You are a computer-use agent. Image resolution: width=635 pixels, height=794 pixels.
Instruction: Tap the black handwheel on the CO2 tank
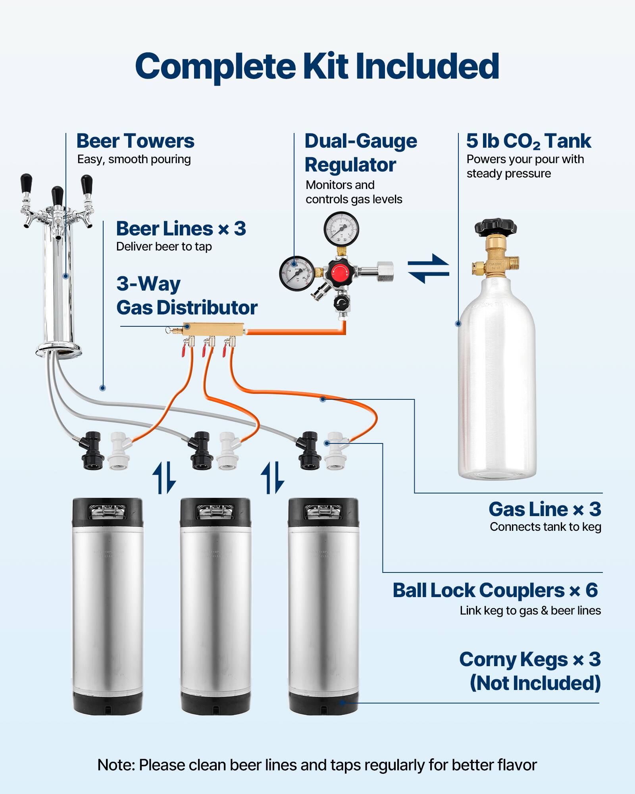(495, 226)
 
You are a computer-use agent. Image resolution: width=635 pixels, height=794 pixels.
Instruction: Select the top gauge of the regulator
(341, 229)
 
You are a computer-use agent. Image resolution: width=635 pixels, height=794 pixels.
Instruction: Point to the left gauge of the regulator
(296, 274)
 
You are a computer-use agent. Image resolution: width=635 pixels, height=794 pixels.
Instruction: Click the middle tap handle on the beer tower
(58, 197)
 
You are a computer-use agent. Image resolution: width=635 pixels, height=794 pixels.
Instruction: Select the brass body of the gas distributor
(214, 329)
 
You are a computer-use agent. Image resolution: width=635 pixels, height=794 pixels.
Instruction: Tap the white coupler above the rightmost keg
(335, 451)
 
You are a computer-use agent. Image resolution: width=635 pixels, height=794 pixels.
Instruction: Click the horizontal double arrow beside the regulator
(428, 269)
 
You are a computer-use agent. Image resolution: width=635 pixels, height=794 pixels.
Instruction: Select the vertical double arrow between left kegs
(164, 478)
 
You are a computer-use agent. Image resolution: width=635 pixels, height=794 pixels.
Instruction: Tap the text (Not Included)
(535, 683)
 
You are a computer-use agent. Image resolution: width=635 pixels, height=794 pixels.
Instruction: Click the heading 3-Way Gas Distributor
(187, 296)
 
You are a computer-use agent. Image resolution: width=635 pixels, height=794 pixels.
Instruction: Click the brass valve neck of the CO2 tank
(495, 260)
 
